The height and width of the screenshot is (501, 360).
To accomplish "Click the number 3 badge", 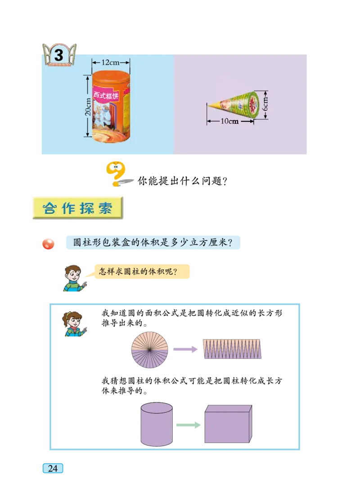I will pos(59,55).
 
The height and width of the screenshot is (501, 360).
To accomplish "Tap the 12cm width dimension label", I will pos(111,63).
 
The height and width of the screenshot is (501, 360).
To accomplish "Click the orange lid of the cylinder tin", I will pos(111,76).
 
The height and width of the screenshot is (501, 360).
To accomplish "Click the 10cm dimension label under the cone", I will pos(229,121).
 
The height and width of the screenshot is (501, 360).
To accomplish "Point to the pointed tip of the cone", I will pos(209,106).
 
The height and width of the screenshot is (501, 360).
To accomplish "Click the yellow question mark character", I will pos(116,174).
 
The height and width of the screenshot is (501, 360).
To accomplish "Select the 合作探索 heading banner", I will pos(77,208).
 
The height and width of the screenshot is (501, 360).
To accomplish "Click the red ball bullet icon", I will pos(48,244).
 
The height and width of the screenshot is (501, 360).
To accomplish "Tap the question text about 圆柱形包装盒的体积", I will pos(153,243).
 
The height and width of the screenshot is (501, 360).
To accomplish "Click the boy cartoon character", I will pos(75,278).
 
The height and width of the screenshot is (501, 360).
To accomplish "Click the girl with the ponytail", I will pos(73,324).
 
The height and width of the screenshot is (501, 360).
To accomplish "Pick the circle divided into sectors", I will pos(149,350).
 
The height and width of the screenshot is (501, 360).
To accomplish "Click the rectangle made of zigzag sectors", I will pos(232,349).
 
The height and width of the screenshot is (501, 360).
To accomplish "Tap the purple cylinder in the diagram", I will pos(157,424).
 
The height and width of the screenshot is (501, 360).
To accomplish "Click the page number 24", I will pos(53,468).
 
